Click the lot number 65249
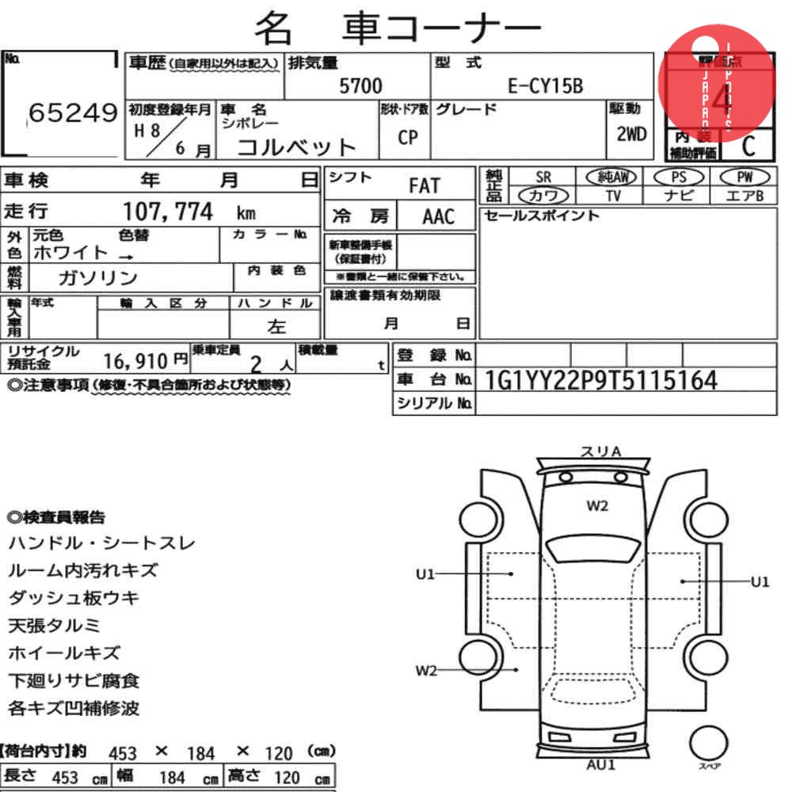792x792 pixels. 72,114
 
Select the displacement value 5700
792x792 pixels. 360,86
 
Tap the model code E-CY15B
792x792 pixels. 545,86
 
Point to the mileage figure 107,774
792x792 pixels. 168,211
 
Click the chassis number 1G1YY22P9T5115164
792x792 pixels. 601,381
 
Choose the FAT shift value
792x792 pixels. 424,186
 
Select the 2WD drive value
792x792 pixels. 631,133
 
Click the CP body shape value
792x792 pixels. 408,137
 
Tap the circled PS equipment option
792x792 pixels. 678,177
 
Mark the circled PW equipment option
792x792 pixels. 744,177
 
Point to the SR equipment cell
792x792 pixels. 543,177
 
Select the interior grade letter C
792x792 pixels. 747,146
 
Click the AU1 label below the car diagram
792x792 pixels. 601,765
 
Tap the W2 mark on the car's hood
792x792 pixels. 597,506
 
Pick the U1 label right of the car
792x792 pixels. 760,582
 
